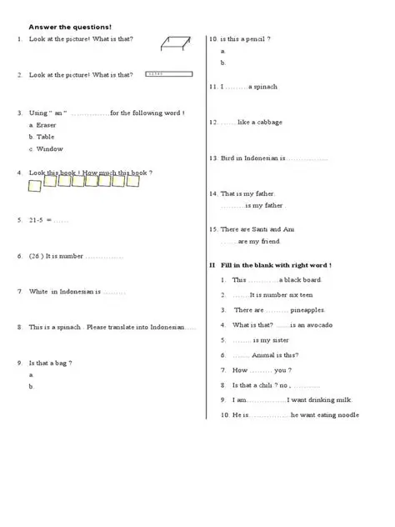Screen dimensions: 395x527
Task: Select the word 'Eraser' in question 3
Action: click(x=47, y=125)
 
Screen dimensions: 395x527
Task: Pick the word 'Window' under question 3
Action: click(x=50, y=149)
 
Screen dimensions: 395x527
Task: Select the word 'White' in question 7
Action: click(x=38, y=292)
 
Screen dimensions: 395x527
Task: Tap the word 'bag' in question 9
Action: click(x=61, y=363)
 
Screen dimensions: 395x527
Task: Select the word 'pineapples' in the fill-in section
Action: click(x=307, y=310)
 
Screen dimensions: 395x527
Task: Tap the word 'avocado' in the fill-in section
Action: click(x=315, y=325)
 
